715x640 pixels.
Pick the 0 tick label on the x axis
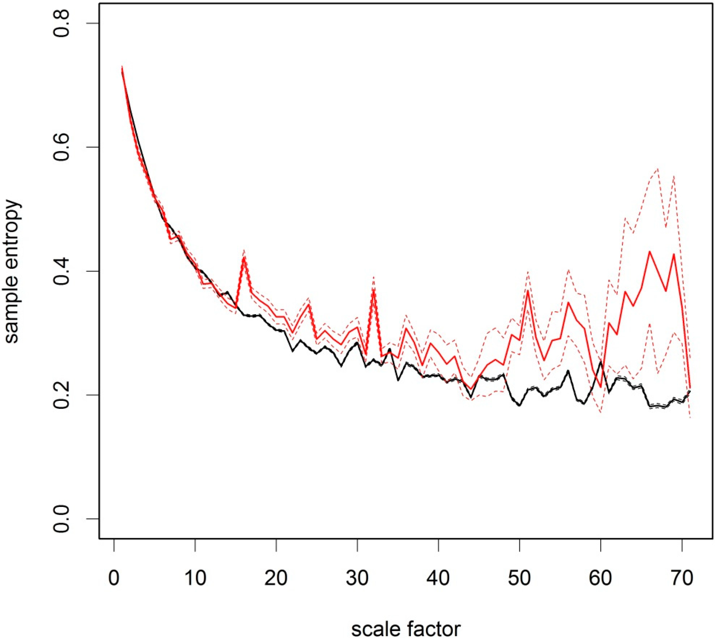pyautogui.click(x=113, y=577)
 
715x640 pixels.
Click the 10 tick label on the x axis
pyautogui.click(x=195, y=577)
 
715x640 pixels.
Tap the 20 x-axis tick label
pyautogui.click(x=276, y=577)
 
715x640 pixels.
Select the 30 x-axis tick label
pyautogui.click(x=357, y=577)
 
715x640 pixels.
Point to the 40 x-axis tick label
pyautogui.click(x=439, y=577)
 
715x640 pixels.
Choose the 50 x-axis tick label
pyautogui.click(x=520, y=577)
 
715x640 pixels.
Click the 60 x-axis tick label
pyautogui.click(x=601, y=577)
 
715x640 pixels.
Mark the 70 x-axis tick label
pyautogui.click(x=682, y=577)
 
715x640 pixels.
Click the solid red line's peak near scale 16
pyautogui.click(x=244, y=257)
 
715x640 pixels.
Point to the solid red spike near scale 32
pyautogui.click(x=374, y=289)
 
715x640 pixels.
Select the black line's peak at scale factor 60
pyautogui.click(x=601, y=362)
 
